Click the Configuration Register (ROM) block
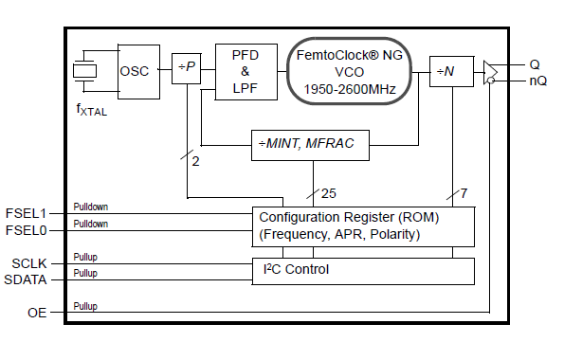click(362, 225)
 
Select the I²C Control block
click(362, 270)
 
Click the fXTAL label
click(93, 111)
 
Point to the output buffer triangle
click(490, 72)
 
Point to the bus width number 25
click(329, 193)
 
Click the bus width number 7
click(464, 193)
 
